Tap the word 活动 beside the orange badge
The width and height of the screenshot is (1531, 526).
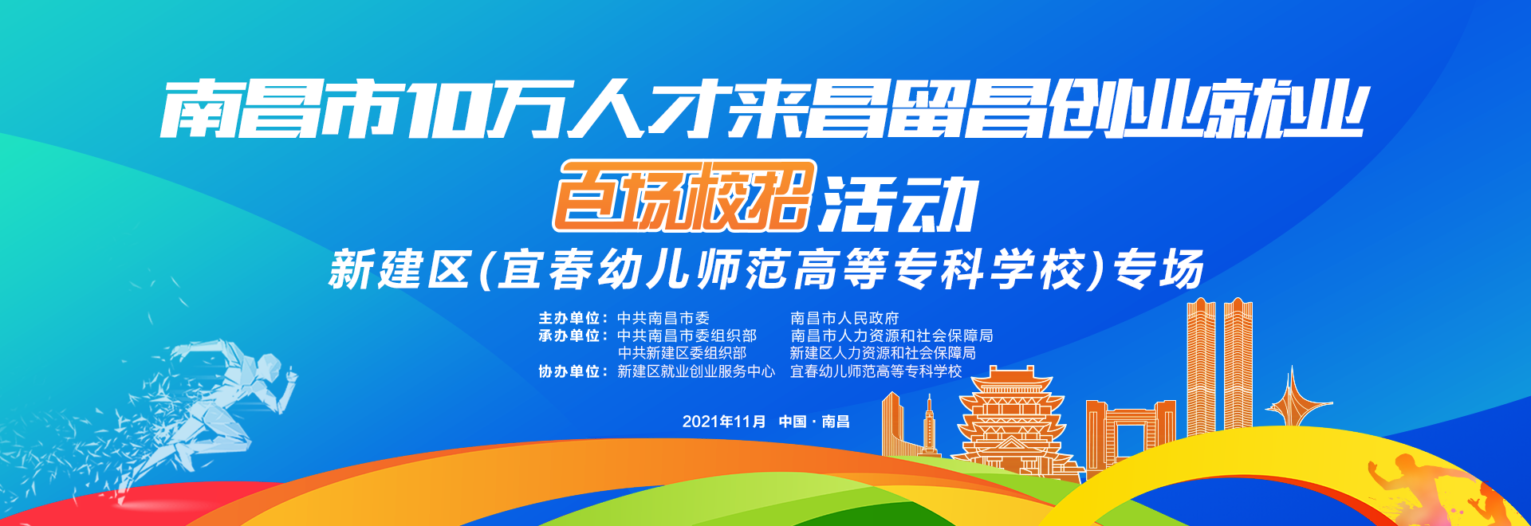tap(899, 204)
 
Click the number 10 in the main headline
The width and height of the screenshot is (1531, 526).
tap(447, 108)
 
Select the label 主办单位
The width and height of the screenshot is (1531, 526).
tap(569, 318)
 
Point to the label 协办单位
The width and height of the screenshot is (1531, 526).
tap(569, 371)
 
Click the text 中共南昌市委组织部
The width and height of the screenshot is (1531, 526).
tap(687, 336)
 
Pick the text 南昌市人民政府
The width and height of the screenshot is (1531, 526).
tap(844, 318)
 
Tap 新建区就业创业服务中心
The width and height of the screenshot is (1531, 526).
tap(696, 371)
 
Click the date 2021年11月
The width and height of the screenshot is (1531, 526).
tap(723, 422)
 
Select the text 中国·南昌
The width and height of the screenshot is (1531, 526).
tap(814, 422)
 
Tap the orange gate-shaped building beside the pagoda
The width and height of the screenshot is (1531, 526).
tap(1130, 430)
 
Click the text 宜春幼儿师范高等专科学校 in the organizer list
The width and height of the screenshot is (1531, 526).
tap(876, 371)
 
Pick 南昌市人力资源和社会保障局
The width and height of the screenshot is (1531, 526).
tap(891, 336)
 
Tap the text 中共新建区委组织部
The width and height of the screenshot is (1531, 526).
tap(682, 353)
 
